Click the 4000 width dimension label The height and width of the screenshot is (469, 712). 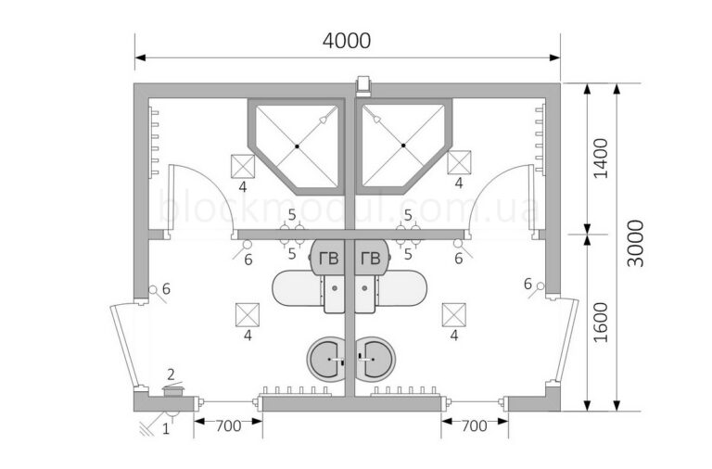(347, 41)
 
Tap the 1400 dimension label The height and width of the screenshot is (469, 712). (601, 158)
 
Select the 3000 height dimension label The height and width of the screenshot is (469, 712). (635, 244)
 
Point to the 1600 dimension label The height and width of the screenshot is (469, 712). (601, 323)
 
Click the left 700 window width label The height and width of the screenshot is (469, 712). (228, 425)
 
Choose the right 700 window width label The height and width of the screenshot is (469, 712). (474, 425)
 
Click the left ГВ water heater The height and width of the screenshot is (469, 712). (327, 258)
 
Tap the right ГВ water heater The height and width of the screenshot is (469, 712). (373, 258)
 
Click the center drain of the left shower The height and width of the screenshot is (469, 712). (297, 146)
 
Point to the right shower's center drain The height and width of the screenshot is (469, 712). (403, 146)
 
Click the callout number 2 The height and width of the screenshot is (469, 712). (171, 374)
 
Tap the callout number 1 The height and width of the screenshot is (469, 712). (166, 428)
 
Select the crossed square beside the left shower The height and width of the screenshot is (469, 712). (243, 166)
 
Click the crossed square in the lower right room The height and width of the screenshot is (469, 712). (454, 314)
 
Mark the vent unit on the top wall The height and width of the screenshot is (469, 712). (363, 86)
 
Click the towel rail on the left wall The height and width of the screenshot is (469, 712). (154, 141)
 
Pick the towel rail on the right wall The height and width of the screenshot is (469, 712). (540, 138)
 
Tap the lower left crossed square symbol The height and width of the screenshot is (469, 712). (248, 314)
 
